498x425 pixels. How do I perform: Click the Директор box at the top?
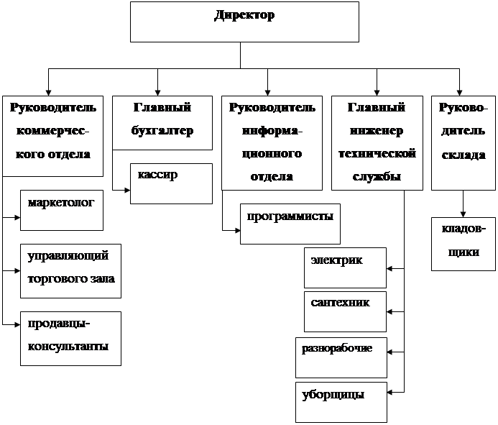click(x=244, y=22)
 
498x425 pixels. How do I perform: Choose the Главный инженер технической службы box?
click(x=376, y=142)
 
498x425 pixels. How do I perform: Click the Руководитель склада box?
click(x=462, y=142)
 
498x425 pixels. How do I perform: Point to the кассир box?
click(x=171, y=183)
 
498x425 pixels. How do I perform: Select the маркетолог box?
click(x=62, y=210)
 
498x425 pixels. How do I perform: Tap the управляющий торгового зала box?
click(x=70, y=270)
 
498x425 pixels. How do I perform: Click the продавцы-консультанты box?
click(x=70, y=338)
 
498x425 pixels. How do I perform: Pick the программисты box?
click(x=289, y=224)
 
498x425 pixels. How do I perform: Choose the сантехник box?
click(x=346, y=311)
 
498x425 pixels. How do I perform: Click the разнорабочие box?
click(x=341, y=357)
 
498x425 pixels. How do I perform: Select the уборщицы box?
click(x=341, y=402)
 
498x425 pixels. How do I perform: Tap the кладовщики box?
click(x=464, y=244)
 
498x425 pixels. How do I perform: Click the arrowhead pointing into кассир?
click(x=126, y=191)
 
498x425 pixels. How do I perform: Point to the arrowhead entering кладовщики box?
click(x=464, y=214)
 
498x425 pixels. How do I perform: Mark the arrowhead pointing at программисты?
click(x=236, y=231)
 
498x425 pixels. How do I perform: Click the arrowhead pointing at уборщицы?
click(x=391, y=393)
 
